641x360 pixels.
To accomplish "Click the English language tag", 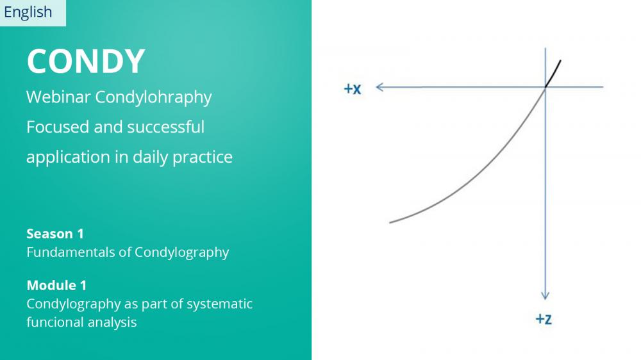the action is [28, 12].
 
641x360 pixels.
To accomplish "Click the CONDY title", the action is [86, 61].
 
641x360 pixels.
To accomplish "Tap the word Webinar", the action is [58, 97].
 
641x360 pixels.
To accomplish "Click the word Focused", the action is [58, 127].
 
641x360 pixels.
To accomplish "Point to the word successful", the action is [165, 127].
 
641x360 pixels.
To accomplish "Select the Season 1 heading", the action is [55, 234].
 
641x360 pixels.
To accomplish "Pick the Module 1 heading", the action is [56, 285].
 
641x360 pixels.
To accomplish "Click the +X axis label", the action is [353, 88].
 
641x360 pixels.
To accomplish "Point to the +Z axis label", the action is [544, 319].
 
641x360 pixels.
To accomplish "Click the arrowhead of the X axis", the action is [379, 87].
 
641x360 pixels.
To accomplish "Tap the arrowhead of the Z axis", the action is [545, 296].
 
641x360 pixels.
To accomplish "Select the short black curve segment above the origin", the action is [553, 74].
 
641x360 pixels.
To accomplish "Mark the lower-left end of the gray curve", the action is [390, 223].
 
